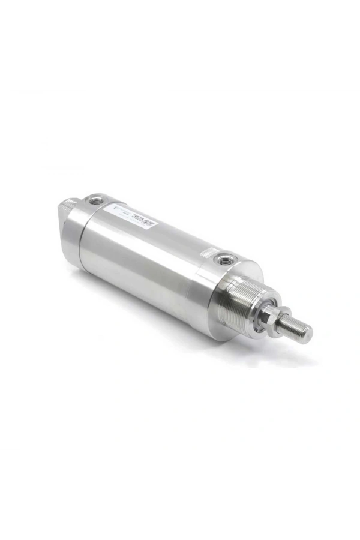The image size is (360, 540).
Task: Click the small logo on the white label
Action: [x=118, y=211]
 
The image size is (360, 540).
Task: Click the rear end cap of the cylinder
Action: [x=74, y=231]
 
